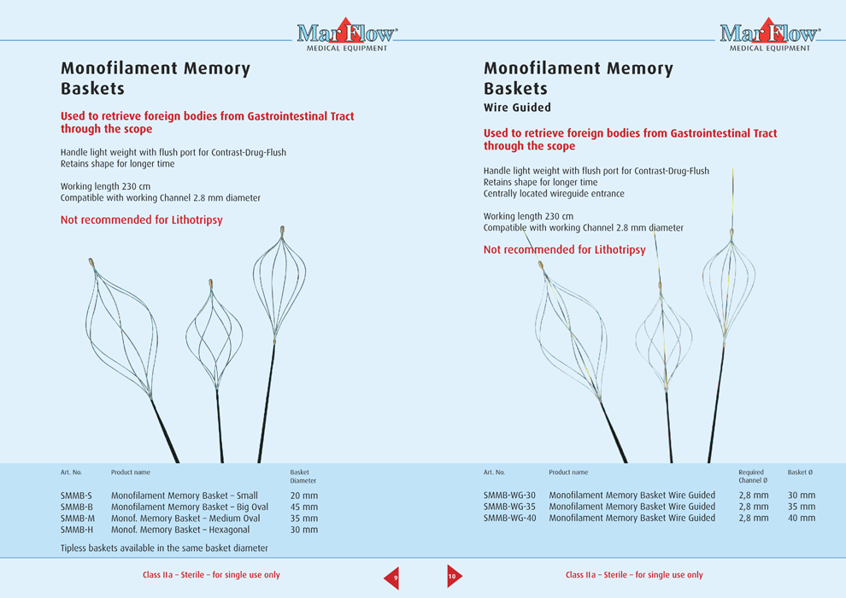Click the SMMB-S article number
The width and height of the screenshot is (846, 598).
[x=76, y=495]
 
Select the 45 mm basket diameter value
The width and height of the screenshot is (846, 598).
[x=303, y=507]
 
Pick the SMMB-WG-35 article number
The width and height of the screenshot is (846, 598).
[x=509, y=507]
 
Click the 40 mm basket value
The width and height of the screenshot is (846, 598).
[x=801, y=518]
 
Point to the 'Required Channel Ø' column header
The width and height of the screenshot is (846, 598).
[x=751, y=476]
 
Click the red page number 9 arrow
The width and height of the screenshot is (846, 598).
[x=392, y=577]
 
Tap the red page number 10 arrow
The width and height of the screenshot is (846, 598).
[x=453, y=577]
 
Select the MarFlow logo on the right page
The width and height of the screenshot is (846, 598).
[x=769, y=35]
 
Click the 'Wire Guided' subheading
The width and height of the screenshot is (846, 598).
[x=517, y=108]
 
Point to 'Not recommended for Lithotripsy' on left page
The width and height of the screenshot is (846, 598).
[x=141, y=220]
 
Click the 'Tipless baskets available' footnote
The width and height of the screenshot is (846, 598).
[x=164, y=548]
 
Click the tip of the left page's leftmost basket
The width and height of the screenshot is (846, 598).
[x=91, y=262]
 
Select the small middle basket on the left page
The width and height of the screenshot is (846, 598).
[x=214, y=333]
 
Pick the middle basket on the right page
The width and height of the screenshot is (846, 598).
[x=663, y=337]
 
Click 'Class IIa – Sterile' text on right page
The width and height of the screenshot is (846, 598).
[x=634, y=575]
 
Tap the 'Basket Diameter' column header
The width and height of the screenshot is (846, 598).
[x=303, y=476]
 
